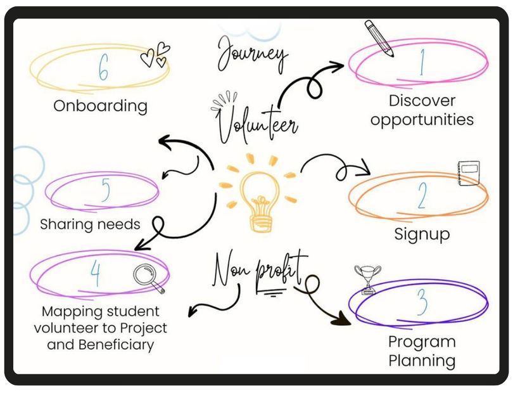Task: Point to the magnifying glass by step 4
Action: (x=148, y=278)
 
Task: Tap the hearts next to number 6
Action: (x=155, y=55)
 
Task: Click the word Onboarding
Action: (x=100, y=106)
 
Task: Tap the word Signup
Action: (x=422, y=234)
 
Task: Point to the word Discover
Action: (x=422, y=101)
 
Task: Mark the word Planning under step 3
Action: (x=422, y=361)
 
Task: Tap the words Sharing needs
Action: (x=90, y=224)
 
